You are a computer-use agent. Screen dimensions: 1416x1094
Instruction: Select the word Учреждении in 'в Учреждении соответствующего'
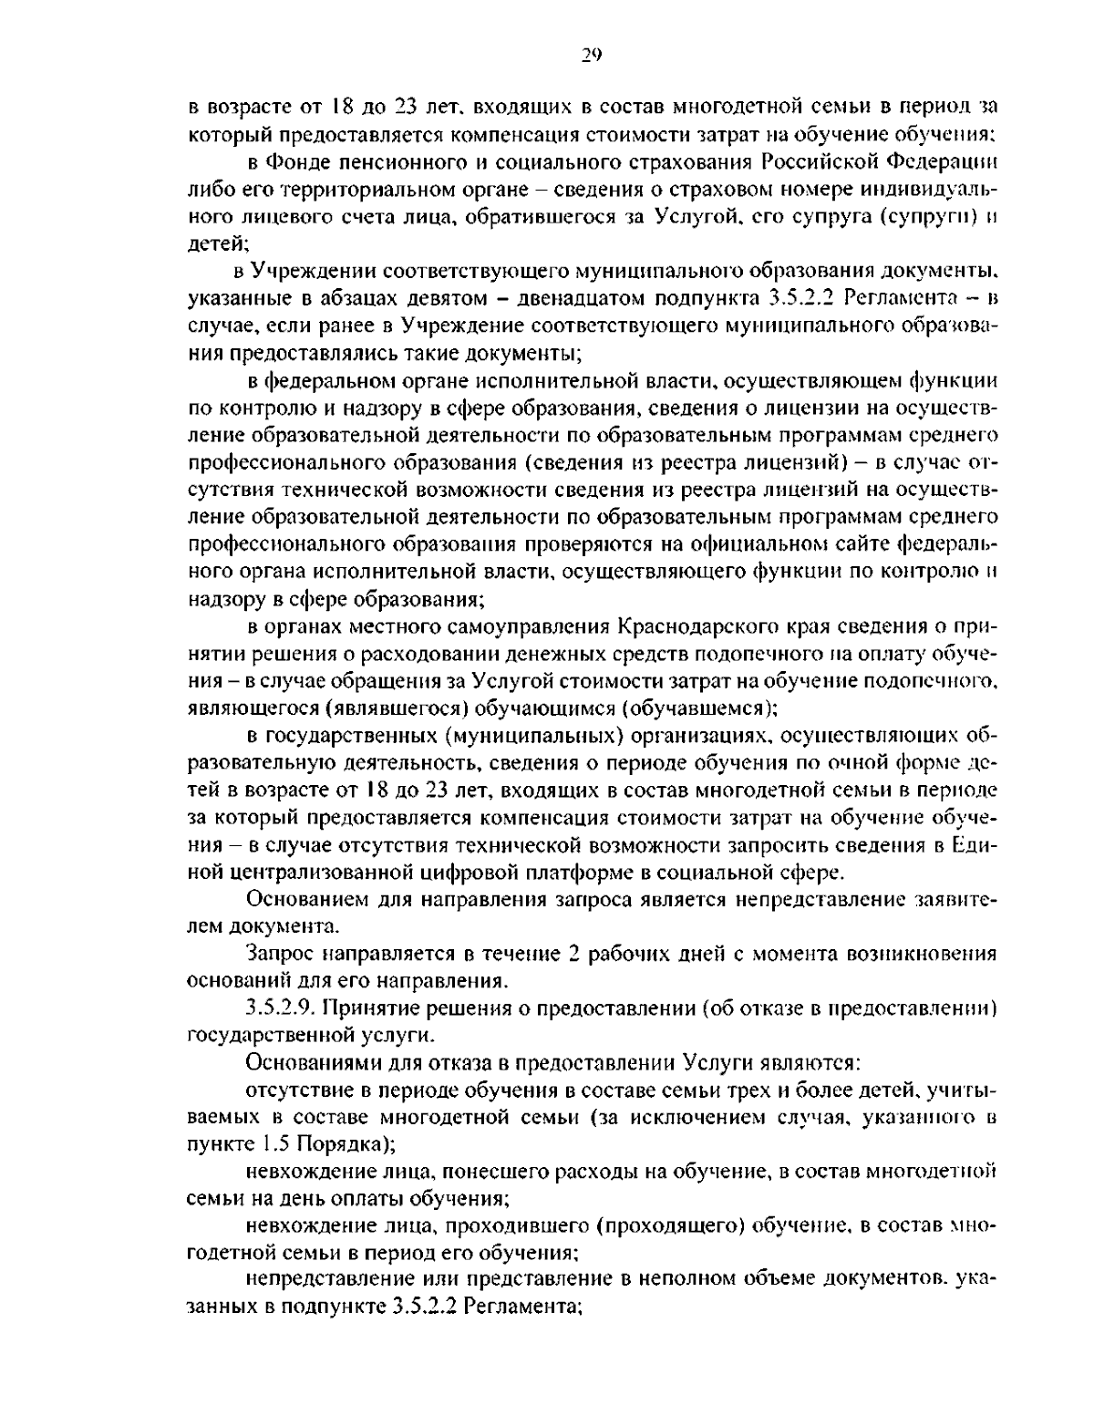(314, 271)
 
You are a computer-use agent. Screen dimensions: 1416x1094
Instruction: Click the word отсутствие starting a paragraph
(291, 1090)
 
